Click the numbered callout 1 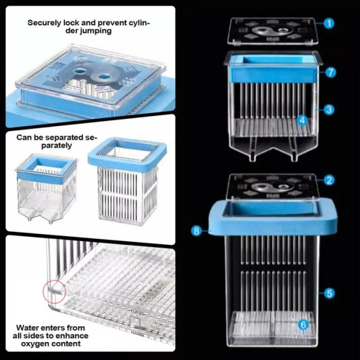(x=329, y=23)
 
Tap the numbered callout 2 (x=329, y=180)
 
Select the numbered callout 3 (x=329, y=109)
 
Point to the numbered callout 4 (x=302, y=120)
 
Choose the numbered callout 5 (x=329, y=293)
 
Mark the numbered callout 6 (x=303, y=325)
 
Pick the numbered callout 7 (x=330, y=72)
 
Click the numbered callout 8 (x=197, y=231)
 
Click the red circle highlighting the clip (x=54, y=292)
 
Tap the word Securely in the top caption (x=45, y=23)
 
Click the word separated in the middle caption (x=63, y=138)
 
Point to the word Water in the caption (x=27, y=328)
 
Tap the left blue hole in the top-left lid (x=81, y=71)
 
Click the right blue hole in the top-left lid (x=104, y=77)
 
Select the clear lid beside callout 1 (x=274, y=31)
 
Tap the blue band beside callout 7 (x=273, y=73)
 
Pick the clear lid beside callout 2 (x=272, y=187)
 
